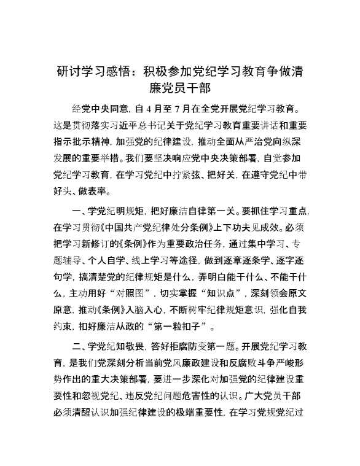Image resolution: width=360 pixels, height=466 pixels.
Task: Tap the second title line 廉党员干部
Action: pyautogui.click(x=180, y=89)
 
